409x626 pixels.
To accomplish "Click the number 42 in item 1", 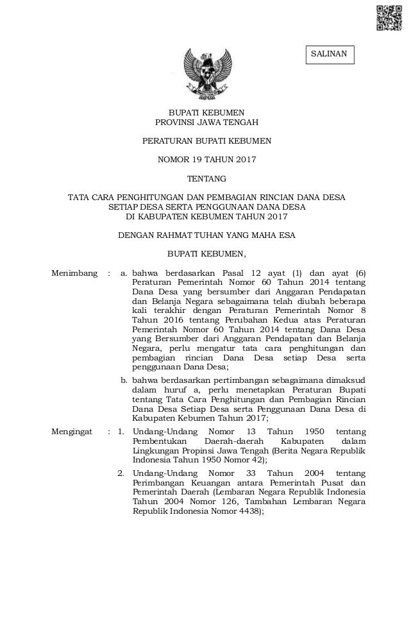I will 253,460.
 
